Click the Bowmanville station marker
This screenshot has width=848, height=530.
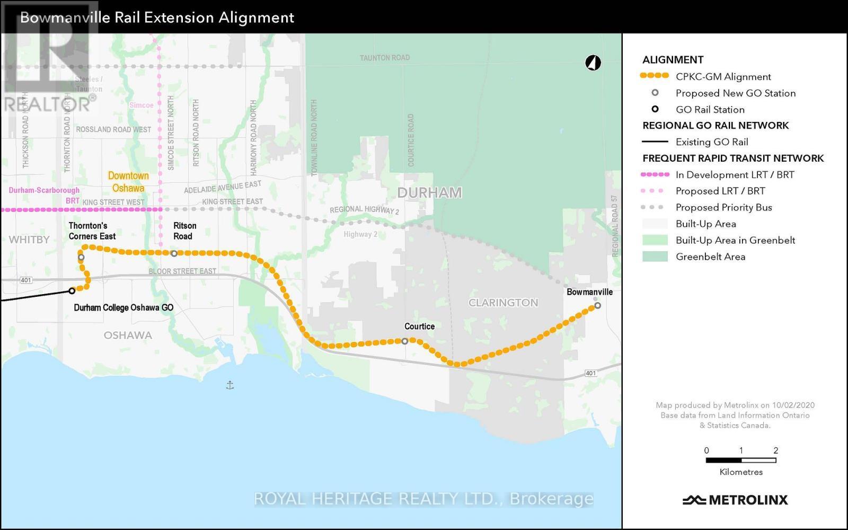pos(597,305)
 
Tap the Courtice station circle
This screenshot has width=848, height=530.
pos(405,341)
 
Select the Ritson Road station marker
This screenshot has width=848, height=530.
pos(174,253)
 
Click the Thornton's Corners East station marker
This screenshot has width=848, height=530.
pos(81,258)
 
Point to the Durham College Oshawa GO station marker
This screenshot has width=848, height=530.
pos(72,290)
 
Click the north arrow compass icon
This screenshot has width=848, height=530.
pos(593,63)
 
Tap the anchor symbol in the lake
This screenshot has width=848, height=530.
pos(229,385)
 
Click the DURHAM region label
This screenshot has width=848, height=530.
pos(429,192)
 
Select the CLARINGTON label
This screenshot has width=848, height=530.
pos(503,303)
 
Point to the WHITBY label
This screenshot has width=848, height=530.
pos(29,240)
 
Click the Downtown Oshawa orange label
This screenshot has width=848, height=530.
pos(128,182)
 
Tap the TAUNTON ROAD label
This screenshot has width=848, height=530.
pos(384,58)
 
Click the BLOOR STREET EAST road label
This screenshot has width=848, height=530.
pos(182,271)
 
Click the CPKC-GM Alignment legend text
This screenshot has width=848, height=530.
pos(723,76)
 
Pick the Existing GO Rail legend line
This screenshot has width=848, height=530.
pos(655,142)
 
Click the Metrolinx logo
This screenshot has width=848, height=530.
pos(735,500)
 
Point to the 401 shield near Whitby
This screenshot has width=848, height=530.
pos(26,280)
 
